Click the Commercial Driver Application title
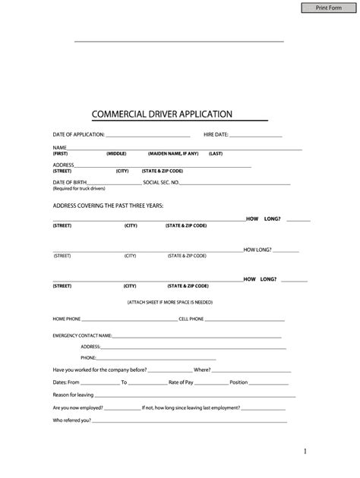tap(162, 114)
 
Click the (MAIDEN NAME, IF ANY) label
tap(173, 153)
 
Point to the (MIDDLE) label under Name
tap(116, 153)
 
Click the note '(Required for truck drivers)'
tap(78, 189)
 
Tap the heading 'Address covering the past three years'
tap(107, 205)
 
